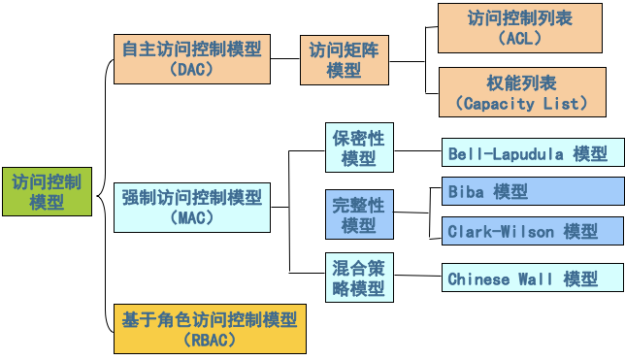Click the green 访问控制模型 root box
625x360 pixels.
pyautogui.click(x=47, y=191)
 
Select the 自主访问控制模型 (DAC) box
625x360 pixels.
pyautogui.click(x=191, y=58)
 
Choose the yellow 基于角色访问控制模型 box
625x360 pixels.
pyautogui.click(x=210, y=328)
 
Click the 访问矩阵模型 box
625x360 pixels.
pyautogui.click(x=344, y=59)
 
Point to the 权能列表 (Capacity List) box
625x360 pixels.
pyautogui.click(x=521, y=92)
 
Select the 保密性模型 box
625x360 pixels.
pyautogui.click(x=358, y=147)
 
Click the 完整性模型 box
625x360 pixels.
pyautogui.click(x=358, y=214)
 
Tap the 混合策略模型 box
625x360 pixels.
pyautogui.click(x=358, y=278)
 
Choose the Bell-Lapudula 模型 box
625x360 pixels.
pyautogui.click(x=532, y=153)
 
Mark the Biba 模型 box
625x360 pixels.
pyautogui.click(x=532, y=192)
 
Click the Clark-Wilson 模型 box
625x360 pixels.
pyautogui.click(x=532, y=232)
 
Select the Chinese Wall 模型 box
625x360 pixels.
pyautogui.click(x=532, y=279)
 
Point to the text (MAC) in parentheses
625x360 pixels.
pyautogui.click(x=191, y=218)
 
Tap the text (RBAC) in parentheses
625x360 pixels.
pyautogui.click(x=210, y=339)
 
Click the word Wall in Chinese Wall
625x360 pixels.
pyautogui.click(x=535, y=279)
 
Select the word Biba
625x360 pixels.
pyautogui.click(x=466, y=192)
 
